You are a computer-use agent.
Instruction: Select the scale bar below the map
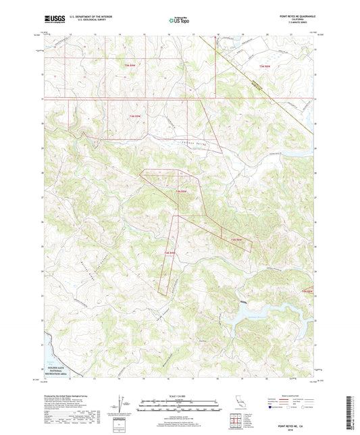(179, 407)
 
